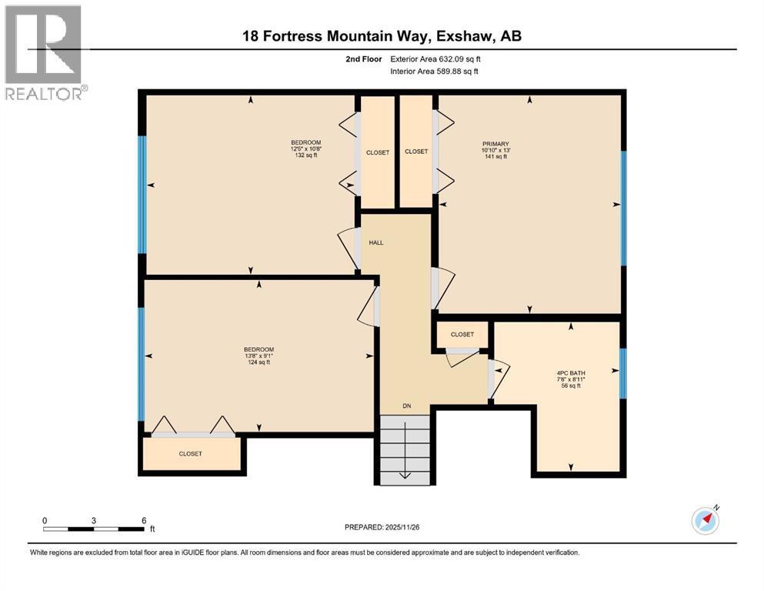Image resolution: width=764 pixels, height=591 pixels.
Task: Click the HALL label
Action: coord(375,242)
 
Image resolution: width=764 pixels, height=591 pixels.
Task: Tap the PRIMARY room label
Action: coord(490,143)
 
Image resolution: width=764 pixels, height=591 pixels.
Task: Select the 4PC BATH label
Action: coord(570,374)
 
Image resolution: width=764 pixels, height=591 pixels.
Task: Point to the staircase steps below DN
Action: coord(404,450)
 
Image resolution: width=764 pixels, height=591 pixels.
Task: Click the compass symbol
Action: coord(705,521)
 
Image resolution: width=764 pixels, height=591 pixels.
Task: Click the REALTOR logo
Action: coord(44,53)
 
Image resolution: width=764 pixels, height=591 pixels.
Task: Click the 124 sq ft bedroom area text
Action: coord(259,362)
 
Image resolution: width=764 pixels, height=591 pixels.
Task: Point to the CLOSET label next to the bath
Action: coord(462,334)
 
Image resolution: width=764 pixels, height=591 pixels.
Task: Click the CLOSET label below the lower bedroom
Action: coord(191,454)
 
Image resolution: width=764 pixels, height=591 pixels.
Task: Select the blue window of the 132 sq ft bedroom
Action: coord(142,195)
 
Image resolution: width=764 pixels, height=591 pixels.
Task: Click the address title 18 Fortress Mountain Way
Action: coord(382,36)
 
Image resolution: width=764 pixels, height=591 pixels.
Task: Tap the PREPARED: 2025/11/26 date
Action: coord(382,527)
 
